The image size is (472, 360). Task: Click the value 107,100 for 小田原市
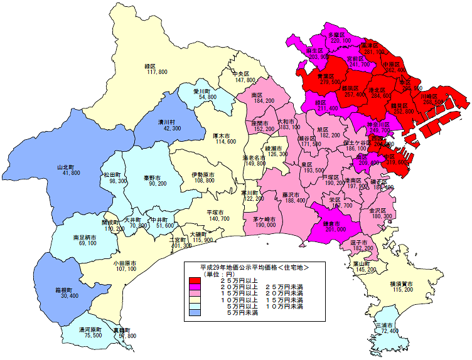point(126,268)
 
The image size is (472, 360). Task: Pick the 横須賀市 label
point(400,284)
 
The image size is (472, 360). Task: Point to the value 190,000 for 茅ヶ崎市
point(265,224)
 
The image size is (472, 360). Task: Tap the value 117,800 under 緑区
point(156,73)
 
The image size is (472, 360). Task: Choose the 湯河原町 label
point(90,329)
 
